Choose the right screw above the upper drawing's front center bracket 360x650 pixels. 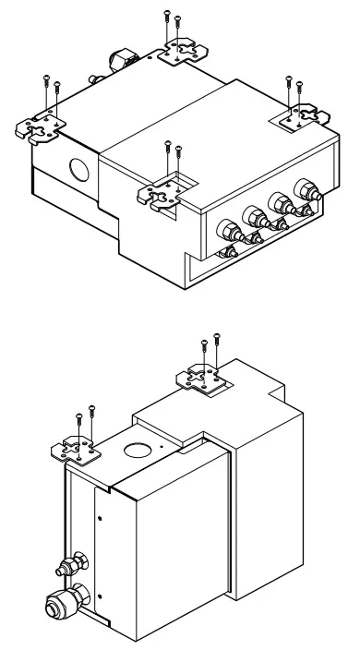pyautogui.click(x=177, y=149)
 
